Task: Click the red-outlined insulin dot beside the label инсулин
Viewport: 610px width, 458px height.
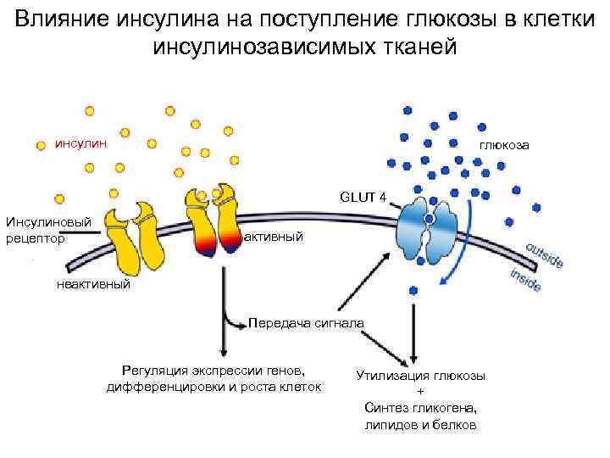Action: pos(40,144)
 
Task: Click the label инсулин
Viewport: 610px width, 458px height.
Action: pos(81,142)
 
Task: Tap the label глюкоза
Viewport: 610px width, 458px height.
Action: pos(504,145)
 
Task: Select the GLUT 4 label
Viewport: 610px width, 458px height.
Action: pos(363,198)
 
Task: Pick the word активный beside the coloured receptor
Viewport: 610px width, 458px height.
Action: pos(273,237)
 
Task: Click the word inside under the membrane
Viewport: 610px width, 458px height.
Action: pos(526,280)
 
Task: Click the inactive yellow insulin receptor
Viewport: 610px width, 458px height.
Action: pos(137,233)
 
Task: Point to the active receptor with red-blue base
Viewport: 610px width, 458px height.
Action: pos(213,221)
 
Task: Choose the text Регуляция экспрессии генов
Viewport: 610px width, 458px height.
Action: pos(213,371)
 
